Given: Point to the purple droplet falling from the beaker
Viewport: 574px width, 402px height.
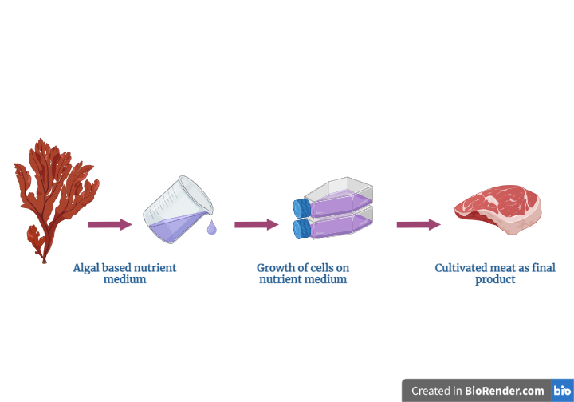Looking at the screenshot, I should coord(211,229).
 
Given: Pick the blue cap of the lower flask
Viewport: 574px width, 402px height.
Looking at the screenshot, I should coord(302,230).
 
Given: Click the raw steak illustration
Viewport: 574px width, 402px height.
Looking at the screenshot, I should coord(497,211).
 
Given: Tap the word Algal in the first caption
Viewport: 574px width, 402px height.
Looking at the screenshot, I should coord(87,268).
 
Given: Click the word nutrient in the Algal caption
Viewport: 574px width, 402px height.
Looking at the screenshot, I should coord(155,268).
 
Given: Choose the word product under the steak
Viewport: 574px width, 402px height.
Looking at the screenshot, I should coord(495,280).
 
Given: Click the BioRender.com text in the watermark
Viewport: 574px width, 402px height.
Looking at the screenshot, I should coord(505,391).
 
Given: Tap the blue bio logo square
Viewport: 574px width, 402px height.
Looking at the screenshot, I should coord(562,391).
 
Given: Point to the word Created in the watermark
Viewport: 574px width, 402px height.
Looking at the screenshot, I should coord(431,391).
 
